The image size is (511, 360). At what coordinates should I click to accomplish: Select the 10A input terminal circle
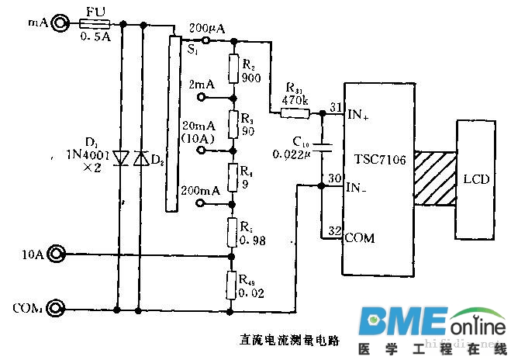[56, 254]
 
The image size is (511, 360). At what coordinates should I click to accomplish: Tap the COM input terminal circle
[56, 309]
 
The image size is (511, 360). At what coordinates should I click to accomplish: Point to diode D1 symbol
[120, 158]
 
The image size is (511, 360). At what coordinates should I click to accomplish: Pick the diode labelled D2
[140, 158]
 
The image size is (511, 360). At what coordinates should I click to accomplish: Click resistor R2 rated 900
[232, 68]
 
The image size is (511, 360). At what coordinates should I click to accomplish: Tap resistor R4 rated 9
[232, 176]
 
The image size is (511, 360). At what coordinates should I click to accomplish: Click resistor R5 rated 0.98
[232, 232]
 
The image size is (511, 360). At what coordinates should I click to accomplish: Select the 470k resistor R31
[294, 113]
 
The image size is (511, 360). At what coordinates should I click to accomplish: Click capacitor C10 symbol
[323, 146]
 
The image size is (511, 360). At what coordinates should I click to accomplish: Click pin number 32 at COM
[333, 231]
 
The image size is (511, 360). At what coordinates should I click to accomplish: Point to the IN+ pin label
[357, 114]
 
